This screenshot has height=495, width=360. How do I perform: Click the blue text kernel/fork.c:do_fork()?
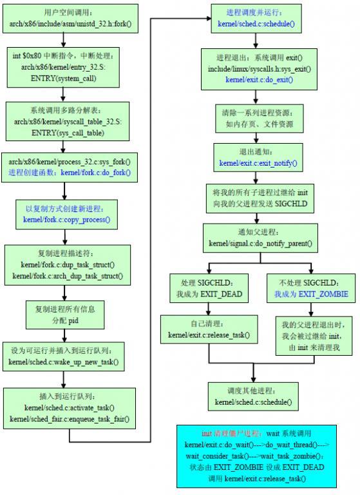pyautogui.click(x=95, y=173)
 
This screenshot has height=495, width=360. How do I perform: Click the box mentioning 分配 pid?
pyautogui.click(x=64, y=314)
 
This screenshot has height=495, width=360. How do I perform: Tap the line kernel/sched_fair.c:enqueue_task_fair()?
pyautogui.click(x=70, y=419)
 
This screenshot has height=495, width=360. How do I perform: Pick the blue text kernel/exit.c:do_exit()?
pyautogui.click(x=259, y=79)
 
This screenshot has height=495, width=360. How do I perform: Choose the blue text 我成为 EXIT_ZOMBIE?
pyautogui.click(x=310, y=293)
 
